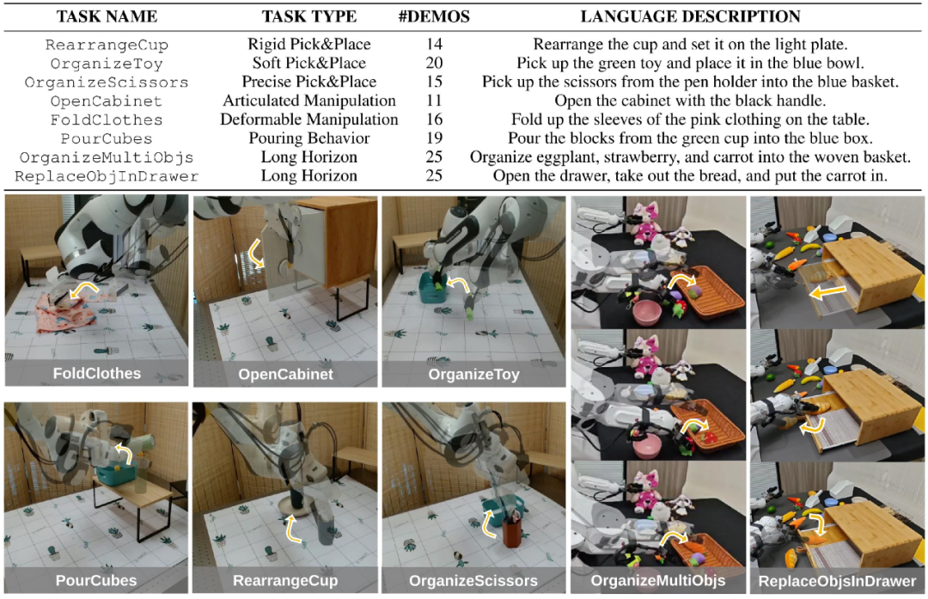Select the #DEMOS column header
[434, 16]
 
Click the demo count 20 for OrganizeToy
[434, 64]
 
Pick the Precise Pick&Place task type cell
[309, 83]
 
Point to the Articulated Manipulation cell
[309, 101]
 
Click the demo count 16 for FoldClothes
[434, 120]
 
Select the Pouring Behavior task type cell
[309, 138]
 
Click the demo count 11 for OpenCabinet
[434, 101]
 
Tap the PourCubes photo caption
[95, 580]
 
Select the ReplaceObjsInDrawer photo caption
[838, 581]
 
